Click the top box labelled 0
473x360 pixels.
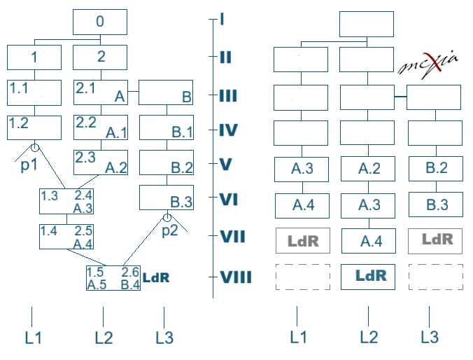[100, 22]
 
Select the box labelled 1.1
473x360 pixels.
[34, 92]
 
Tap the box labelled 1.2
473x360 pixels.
[34, 127]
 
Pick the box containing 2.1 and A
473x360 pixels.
[101, 92]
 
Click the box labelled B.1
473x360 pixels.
[167, 127]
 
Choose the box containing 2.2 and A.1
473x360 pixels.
[101, 127]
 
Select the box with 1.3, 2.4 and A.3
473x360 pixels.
[66, 201]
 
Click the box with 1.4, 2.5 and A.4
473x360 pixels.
[66, 236]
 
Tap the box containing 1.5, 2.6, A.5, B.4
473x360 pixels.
[113, 278]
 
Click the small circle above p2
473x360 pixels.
[167, 218]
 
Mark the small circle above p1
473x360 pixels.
[34, 147]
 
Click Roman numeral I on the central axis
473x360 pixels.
[221, 18]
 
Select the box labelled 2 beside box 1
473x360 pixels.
[101, 57]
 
